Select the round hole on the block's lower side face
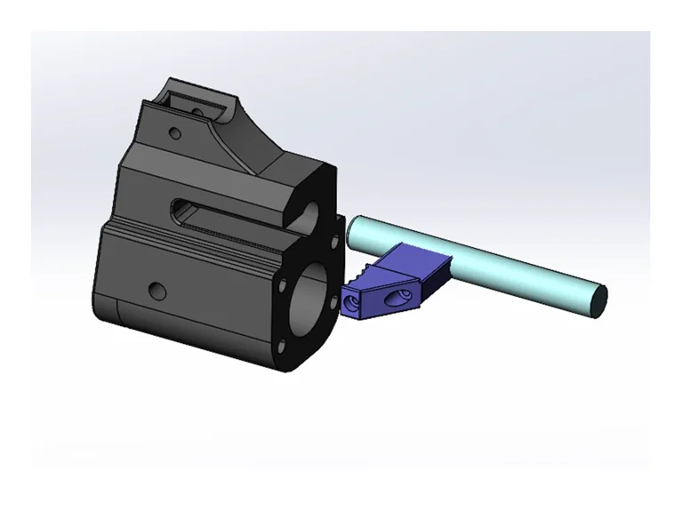[157, 291]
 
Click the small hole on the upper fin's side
[174, 134]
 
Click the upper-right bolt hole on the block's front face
[333, 240]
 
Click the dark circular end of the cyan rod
[599, 299]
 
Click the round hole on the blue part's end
[351, 303]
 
